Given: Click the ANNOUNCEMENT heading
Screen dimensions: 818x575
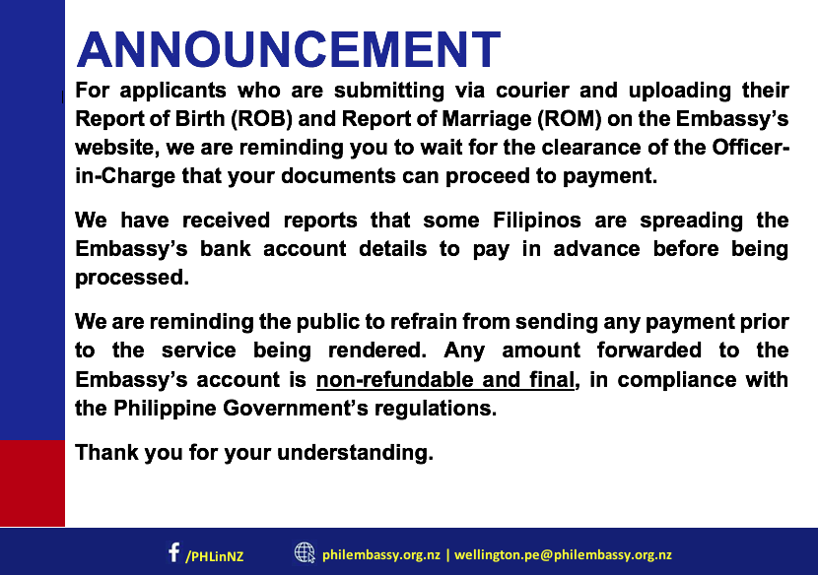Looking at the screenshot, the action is tap(289, 49).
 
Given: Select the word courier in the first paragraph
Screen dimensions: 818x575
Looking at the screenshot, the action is tap(532, 91).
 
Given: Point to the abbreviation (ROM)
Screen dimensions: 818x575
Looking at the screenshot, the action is tap(570, 119).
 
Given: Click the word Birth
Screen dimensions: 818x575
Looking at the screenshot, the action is tap(200, 119).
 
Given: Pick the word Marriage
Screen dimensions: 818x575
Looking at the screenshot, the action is tap(487, 120).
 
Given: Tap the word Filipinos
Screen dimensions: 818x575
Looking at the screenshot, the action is tap(537, 221).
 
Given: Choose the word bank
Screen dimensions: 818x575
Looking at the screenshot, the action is tap(226, 249).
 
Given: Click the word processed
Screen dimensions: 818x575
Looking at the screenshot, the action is tap(132, 278).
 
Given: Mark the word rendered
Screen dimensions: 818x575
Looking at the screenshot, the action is tap(377, 351).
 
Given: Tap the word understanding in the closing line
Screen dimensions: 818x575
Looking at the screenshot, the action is tap(355, 453).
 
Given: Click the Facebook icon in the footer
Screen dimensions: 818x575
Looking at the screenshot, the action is tap(173, 552).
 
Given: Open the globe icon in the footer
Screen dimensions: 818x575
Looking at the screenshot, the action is tap(305, 552).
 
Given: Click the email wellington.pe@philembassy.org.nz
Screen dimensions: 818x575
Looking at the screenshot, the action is tap(563, 555).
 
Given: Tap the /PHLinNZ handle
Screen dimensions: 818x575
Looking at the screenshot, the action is tap(215, 556).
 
